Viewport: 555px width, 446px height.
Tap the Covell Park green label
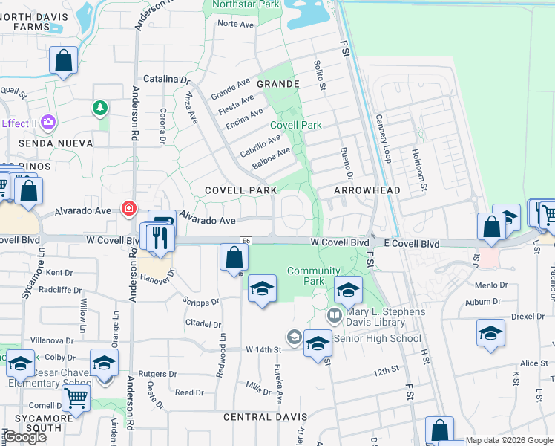[x=296, y=125]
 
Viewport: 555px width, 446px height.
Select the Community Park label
[x=314, y=277]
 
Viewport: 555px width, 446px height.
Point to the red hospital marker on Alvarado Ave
[x=129, y=208]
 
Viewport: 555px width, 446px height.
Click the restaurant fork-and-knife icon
[x=160, y=238]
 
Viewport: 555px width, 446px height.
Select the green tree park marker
[x=99, y=109]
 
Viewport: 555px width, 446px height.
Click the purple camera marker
[x=48, y=121]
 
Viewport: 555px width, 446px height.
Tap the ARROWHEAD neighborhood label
[x=367, y=190]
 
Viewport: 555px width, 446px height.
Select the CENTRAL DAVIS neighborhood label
[x=257, y=417]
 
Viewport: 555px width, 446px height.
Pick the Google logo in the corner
[x=24, y=437]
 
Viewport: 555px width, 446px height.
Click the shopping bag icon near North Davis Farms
[x=64, y=61]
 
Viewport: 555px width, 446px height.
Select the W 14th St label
[x=264, y=349]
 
